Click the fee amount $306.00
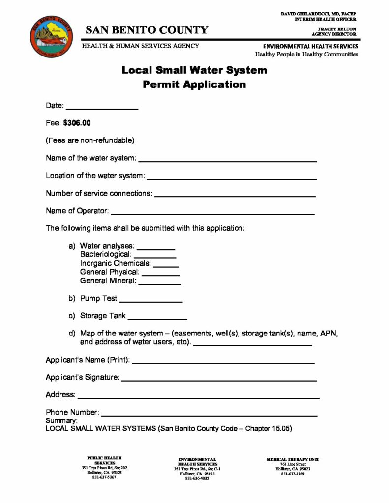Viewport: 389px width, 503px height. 77,122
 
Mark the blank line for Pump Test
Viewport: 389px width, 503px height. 150,301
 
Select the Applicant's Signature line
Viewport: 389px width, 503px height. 218,380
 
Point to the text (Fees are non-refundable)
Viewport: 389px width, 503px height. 90,140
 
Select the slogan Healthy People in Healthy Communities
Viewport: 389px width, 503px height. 303,54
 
